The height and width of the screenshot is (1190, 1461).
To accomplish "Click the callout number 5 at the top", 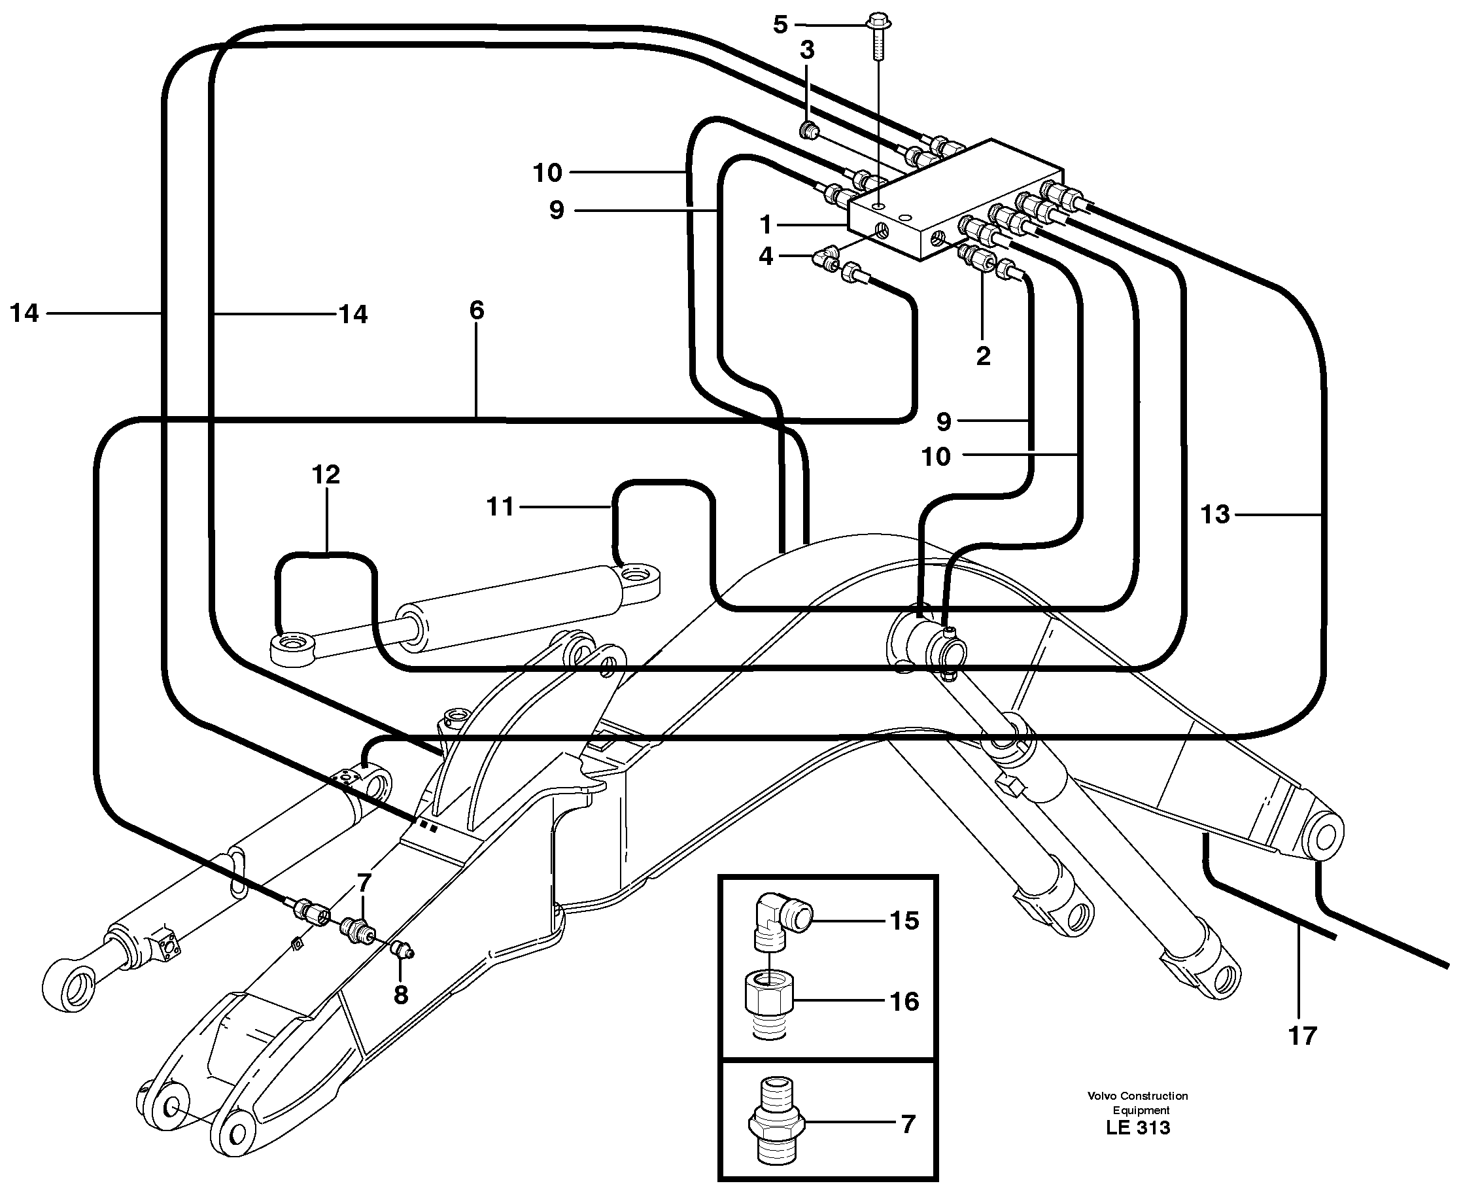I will coord(780,26).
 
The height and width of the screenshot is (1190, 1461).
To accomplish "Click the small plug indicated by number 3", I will coord(808,129).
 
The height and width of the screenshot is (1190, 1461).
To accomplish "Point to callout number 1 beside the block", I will coord(766,225).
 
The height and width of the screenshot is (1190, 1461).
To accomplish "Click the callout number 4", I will coord(766,256).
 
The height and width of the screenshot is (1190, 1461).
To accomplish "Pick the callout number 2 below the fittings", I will coord(983,356).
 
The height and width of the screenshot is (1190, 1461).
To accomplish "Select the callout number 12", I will coord(326,474).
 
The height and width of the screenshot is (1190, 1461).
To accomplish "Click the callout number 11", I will coord(500,506).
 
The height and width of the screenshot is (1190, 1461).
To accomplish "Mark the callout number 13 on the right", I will coord(1215,514).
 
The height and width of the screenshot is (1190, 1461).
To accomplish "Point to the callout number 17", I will coord(1302,1036).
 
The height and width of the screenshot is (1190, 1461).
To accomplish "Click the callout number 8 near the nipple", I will coord(401,994).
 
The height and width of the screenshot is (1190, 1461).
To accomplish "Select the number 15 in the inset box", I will coord(904,920).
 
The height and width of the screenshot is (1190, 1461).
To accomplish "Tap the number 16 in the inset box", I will coord(904,1002).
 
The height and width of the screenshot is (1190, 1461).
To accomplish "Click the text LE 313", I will coord(1137,1128).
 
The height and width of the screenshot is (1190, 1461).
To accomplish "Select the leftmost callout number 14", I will coord(25,313).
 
